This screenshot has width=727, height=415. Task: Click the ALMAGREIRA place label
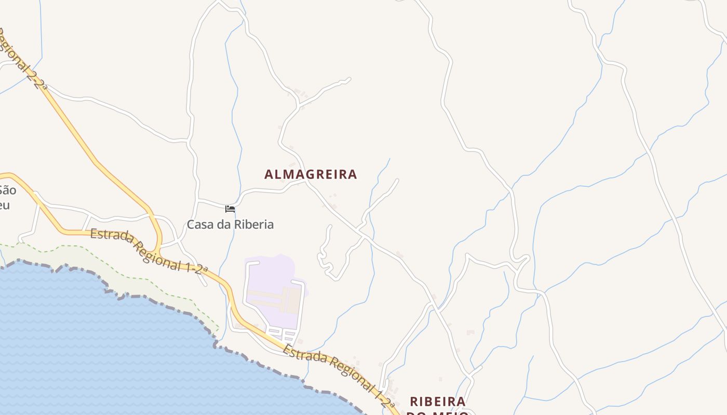pos(311,174)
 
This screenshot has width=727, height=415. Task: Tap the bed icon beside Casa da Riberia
pos(230,209)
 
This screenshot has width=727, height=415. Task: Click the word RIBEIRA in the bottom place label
pos(438,402)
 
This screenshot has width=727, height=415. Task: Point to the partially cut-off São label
pos(7,190)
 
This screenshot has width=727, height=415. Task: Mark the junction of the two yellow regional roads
pos(159,248)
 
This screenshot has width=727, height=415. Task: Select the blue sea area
pos(104,353)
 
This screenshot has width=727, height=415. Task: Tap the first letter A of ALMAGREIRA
pos(268,174)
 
